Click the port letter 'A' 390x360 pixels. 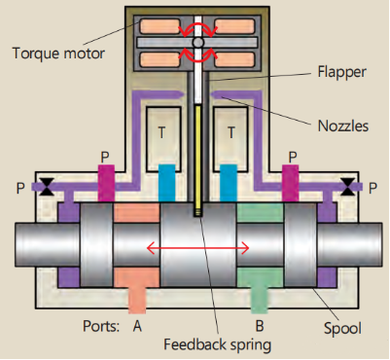click(136, 328)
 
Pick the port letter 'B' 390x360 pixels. click(259, 328)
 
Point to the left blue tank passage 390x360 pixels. click(166, 179)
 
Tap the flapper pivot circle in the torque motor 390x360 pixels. click(198, 44)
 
